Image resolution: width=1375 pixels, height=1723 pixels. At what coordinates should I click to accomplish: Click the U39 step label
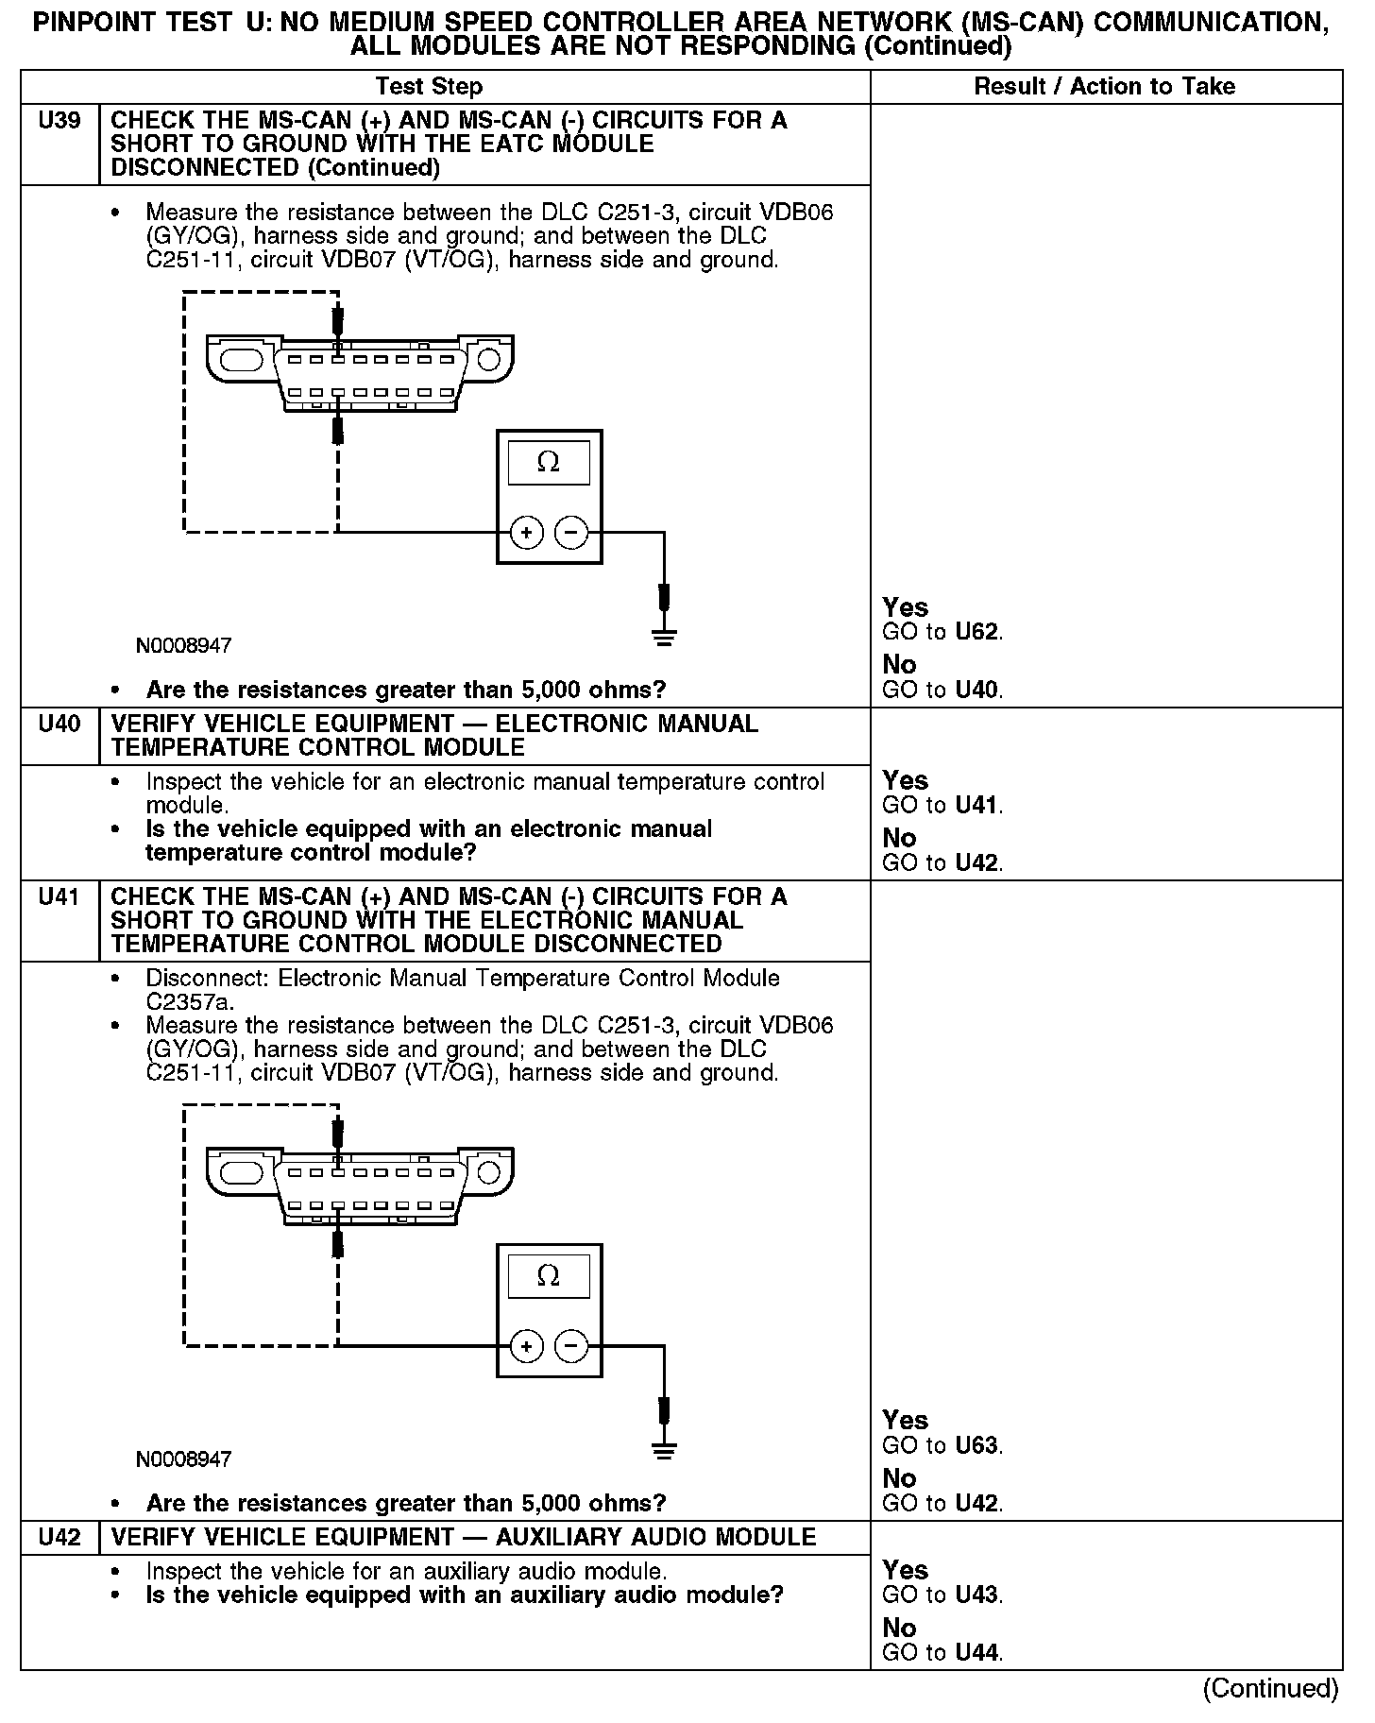(x=59, y=121)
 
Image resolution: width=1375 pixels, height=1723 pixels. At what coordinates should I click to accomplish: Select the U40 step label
(x=59, y=725)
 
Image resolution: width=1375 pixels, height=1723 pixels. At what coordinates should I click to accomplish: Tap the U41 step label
(x=59, y=897)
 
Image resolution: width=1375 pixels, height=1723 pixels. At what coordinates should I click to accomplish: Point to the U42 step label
(x=59, y=1537)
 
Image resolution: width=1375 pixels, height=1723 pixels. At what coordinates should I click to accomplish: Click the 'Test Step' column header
(x=429, y=87)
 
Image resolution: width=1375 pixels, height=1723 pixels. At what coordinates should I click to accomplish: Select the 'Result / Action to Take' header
(x=1104, y=87)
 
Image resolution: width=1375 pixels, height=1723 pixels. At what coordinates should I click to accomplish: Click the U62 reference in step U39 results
(x=976, y=632)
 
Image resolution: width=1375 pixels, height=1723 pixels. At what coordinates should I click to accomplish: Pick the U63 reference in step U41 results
(x=976, y=1445)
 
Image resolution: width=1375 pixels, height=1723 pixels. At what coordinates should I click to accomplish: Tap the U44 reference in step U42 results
(x=976, y=1652)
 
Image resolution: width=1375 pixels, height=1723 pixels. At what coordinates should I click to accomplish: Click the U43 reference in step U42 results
(x=976, y=1595)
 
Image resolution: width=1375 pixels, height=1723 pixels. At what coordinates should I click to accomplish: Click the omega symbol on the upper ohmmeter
(x=548, y=462)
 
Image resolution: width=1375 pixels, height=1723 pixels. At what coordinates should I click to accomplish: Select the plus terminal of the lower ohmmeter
(x=527, y=1346)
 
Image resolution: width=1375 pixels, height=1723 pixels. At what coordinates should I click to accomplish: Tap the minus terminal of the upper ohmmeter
(x=571, y=533)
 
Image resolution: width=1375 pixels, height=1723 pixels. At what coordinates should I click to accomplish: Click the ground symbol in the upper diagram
(x=664, y=637)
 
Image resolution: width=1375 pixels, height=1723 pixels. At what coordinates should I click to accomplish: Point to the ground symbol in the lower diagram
(x=664, y=1451)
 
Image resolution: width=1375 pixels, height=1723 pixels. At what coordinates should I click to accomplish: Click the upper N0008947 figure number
(x=183, y=646)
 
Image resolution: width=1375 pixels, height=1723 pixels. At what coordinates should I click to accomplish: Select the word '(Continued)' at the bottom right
(x=1270, y=1688)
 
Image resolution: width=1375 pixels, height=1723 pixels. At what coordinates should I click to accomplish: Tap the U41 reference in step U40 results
(x=976, y=806)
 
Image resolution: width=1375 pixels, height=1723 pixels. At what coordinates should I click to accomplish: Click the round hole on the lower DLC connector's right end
(x=489, y=1172)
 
